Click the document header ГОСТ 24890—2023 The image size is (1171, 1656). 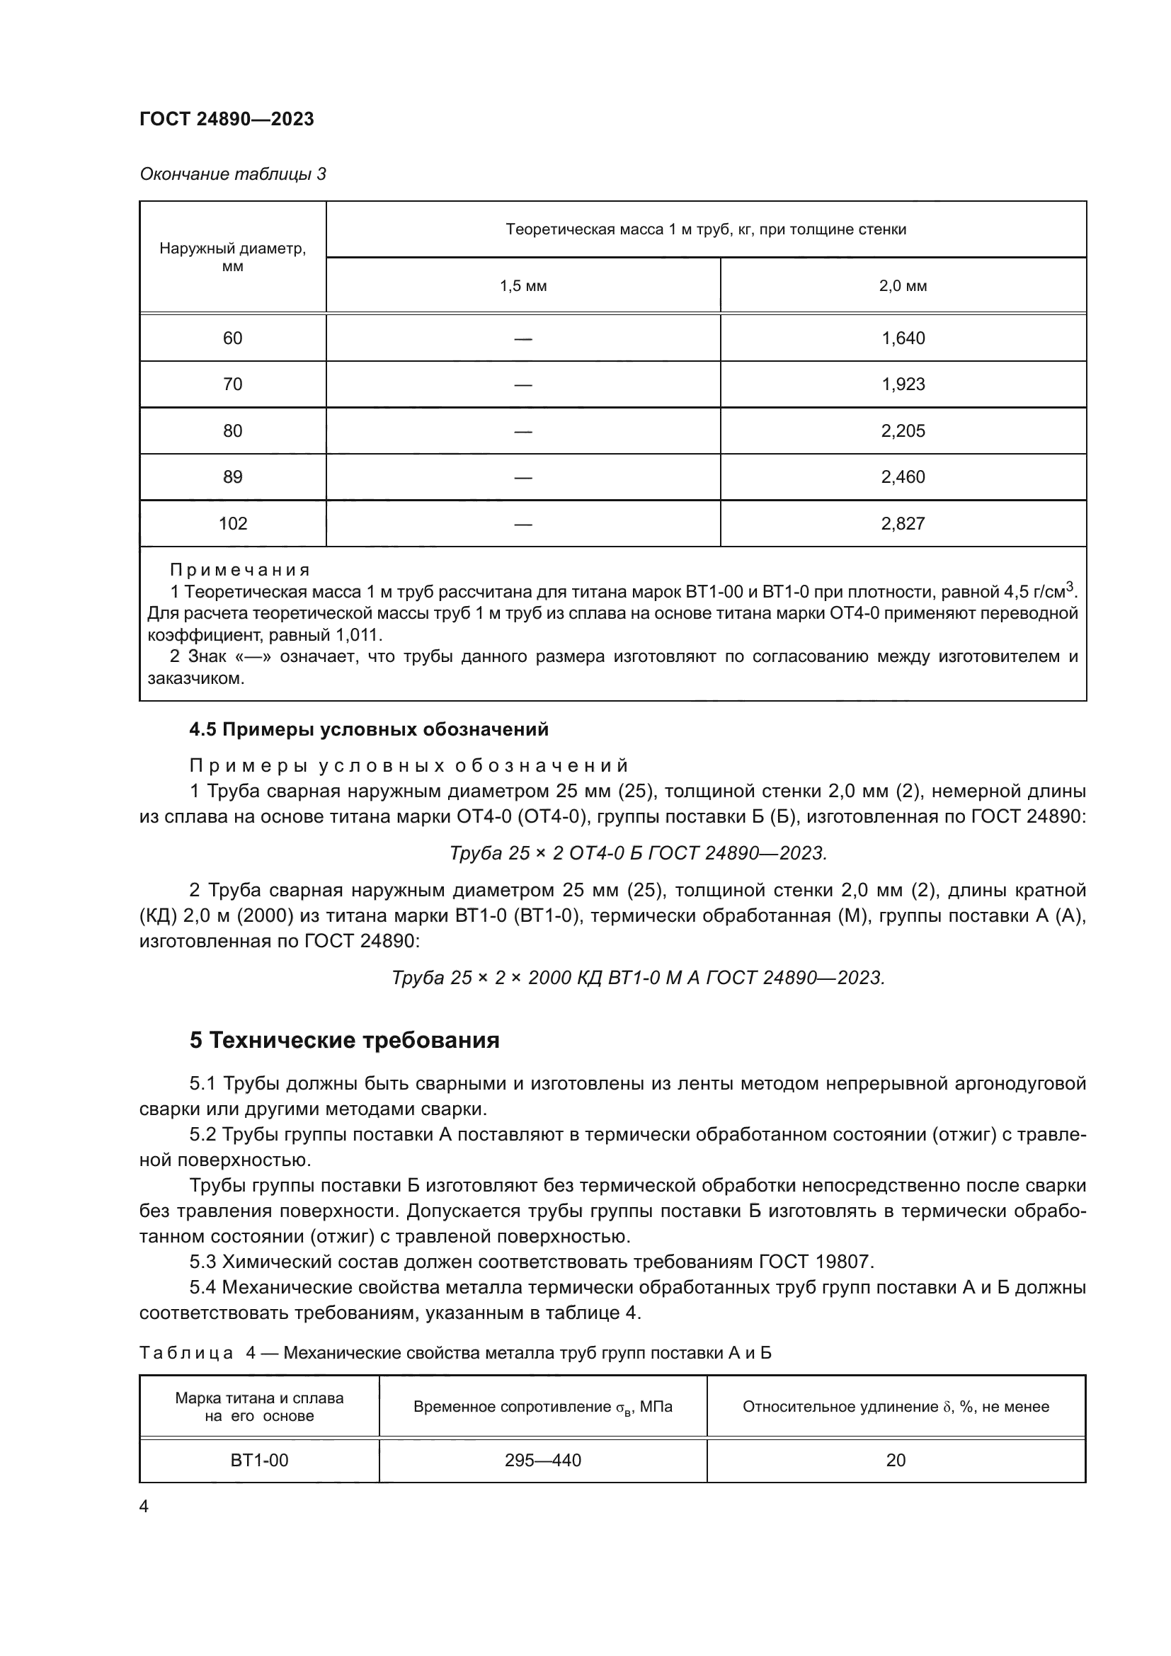tap(227, 119)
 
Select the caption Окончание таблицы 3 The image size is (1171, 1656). tap(232, 174)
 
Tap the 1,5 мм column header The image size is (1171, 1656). tap(522, 285)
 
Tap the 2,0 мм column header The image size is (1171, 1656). tap(903, 285)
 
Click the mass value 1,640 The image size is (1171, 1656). tap(903, 338)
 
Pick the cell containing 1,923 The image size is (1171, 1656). tap(903, 384)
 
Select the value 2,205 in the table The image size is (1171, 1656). tap(903, 430)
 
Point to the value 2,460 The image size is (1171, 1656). tap(903, 476)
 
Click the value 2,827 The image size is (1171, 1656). tap(903, 524)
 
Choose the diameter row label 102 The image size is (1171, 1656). tap(233, 524)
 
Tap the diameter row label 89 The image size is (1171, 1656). tap(233, 476)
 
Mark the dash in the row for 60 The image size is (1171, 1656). tap(522, 338)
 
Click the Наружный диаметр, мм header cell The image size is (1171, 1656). tap(233, 258)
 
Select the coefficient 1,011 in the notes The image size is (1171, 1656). tap(358, 635)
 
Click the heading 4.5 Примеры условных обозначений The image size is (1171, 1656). tap(368, 730)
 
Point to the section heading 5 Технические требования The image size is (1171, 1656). tap(344, 1040)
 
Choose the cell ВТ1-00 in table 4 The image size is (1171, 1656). tap(259, 1461)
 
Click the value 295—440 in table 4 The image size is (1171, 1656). tap(542, 1461)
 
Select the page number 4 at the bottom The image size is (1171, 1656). tap(144, 1507)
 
